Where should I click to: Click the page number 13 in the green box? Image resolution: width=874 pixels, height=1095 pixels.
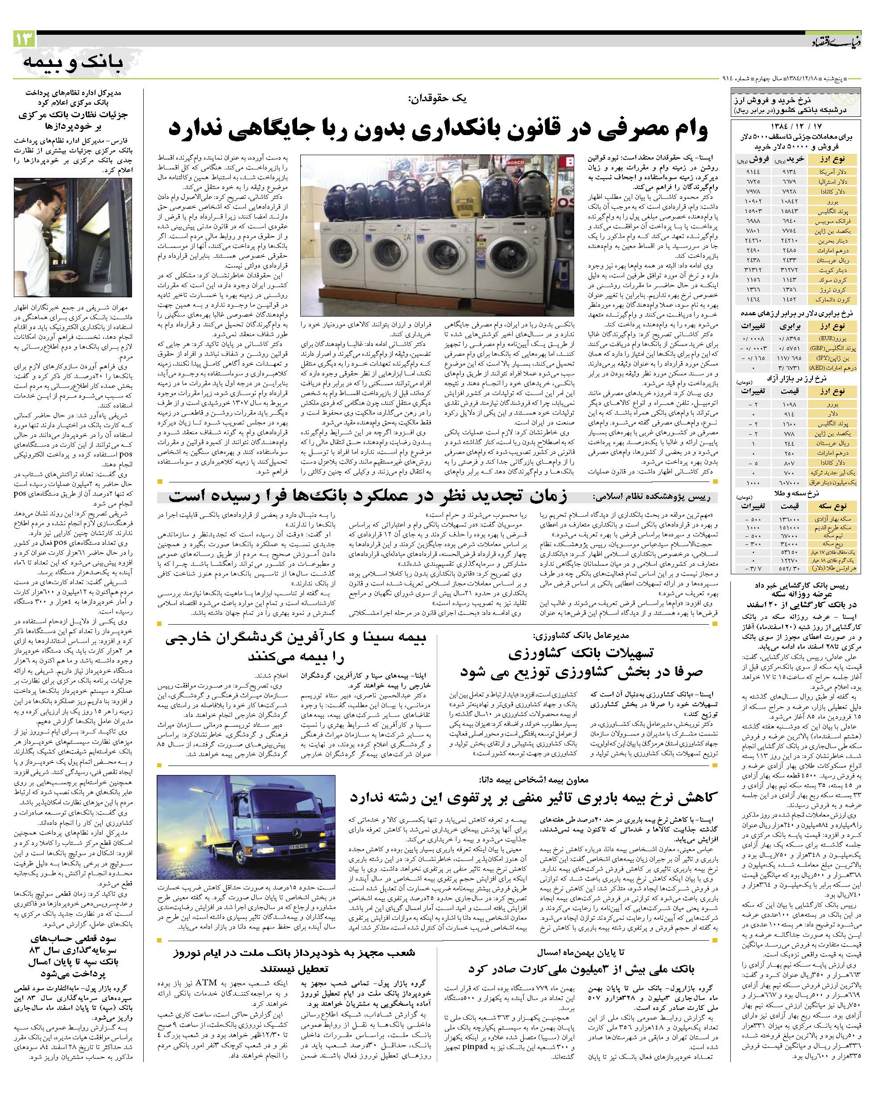pyautogui.click(x=24, y=39)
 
